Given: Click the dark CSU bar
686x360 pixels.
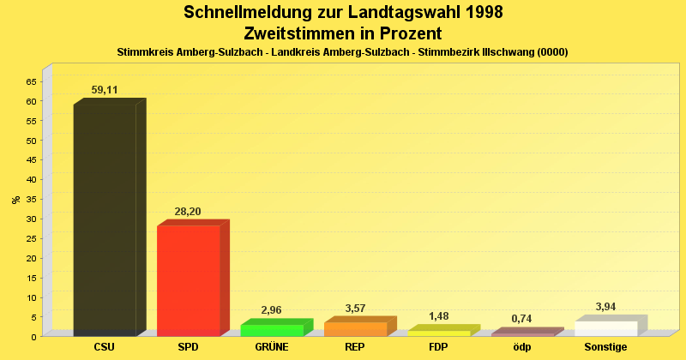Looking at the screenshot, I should pyautogui.click(x=105, y=219).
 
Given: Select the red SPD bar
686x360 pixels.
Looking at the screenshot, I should pyautogui.click(x=189, y=279).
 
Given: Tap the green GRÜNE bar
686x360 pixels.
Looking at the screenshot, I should pyautogui.click(x=272, y=330).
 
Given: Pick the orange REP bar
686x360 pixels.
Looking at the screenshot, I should pyautogui.click(x=355, y=328).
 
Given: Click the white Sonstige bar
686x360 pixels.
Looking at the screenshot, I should pyautogui.click(x=606, y=328).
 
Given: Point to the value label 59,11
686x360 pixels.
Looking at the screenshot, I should pyautogui.click(x=105, y=89).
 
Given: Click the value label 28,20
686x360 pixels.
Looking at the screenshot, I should pyautogui.click(x=189, y=211).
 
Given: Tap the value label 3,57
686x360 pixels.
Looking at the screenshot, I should pyautogui.click(x=354, y=308).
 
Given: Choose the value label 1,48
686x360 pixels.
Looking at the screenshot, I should pyautogui.click(x=438, y=316).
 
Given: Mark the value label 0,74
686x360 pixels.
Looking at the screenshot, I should pyautogui.click(x=521, y=319).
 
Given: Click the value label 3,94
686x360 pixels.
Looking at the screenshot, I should pyautogui.click(x=605, y=307).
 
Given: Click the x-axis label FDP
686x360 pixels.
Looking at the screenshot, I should pyautogui.click(x=439, y=347).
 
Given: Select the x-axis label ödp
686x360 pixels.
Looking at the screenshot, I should pyautogui.click(x=522, y=347).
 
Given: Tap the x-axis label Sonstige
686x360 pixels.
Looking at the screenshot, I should pyautogui.click(x=606, y=347).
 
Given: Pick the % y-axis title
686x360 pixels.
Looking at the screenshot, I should pyautogui.click(x=15, y=200).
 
